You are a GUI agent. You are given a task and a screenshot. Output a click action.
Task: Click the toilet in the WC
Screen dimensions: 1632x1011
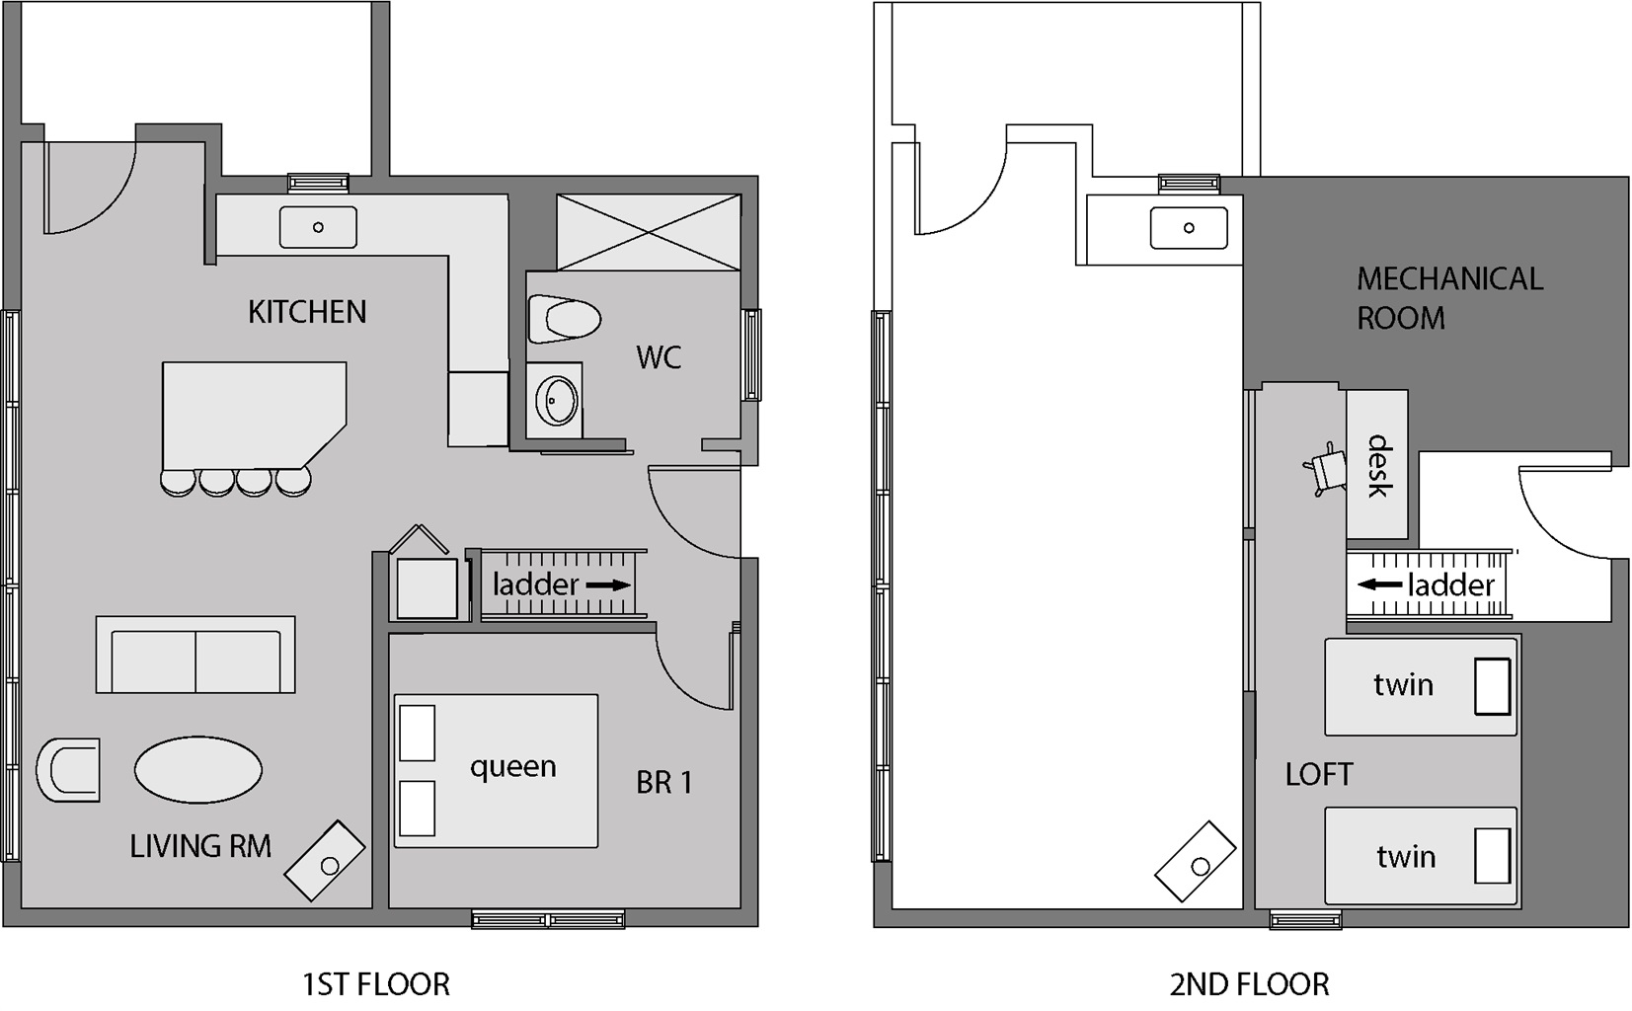pos(564,319)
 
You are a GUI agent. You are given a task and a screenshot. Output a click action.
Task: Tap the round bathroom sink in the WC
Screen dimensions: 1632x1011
pos(558,400)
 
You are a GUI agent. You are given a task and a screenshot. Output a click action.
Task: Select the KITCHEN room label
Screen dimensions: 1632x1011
pos(307,312)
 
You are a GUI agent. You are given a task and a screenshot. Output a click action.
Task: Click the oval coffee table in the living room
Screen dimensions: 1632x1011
pos(198,770)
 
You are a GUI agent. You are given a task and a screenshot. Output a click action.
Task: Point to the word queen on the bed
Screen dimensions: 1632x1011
pos(513,768)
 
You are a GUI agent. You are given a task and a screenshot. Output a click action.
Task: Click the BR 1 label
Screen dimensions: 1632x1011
pos(663,782)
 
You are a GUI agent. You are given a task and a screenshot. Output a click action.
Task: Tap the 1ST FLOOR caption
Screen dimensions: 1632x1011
pos(376,984)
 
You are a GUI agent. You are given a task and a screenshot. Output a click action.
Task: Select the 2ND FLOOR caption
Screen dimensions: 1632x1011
pos(1250,984)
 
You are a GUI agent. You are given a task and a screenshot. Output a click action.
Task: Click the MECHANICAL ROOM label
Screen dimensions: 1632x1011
pos(1449,298)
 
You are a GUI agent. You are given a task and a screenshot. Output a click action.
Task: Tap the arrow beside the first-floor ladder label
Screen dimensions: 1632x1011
pos(608,584)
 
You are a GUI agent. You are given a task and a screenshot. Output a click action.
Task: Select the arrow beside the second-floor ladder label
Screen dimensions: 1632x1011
pos(1380,584)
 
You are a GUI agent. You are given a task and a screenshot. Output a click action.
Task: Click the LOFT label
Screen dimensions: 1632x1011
pos(1319,775)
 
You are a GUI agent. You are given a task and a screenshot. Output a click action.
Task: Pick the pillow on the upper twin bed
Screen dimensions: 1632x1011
pos(1493,686)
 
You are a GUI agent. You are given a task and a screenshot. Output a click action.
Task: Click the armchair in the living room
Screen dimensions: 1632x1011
pos(68,770)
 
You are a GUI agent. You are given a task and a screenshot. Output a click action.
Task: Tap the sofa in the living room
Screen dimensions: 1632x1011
pos(195,655)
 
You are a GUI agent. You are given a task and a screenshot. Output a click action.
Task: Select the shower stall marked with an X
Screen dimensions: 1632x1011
pos(649,232)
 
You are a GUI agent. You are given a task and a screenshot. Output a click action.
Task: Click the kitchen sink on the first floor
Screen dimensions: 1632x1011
pos(318,227)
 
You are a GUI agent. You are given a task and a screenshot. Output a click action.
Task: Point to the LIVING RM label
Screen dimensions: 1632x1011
pos(200,846)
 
